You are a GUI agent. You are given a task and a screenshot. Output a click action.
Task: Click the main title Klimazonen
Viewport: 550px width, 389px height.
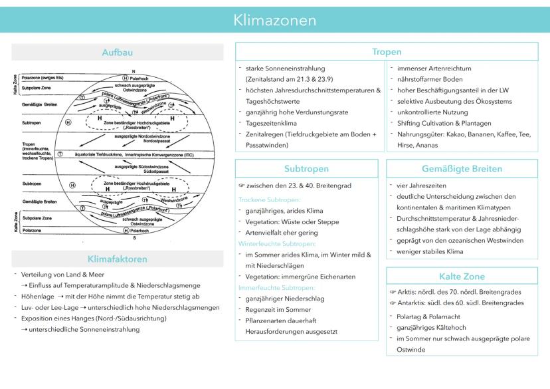pos(274,21)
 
